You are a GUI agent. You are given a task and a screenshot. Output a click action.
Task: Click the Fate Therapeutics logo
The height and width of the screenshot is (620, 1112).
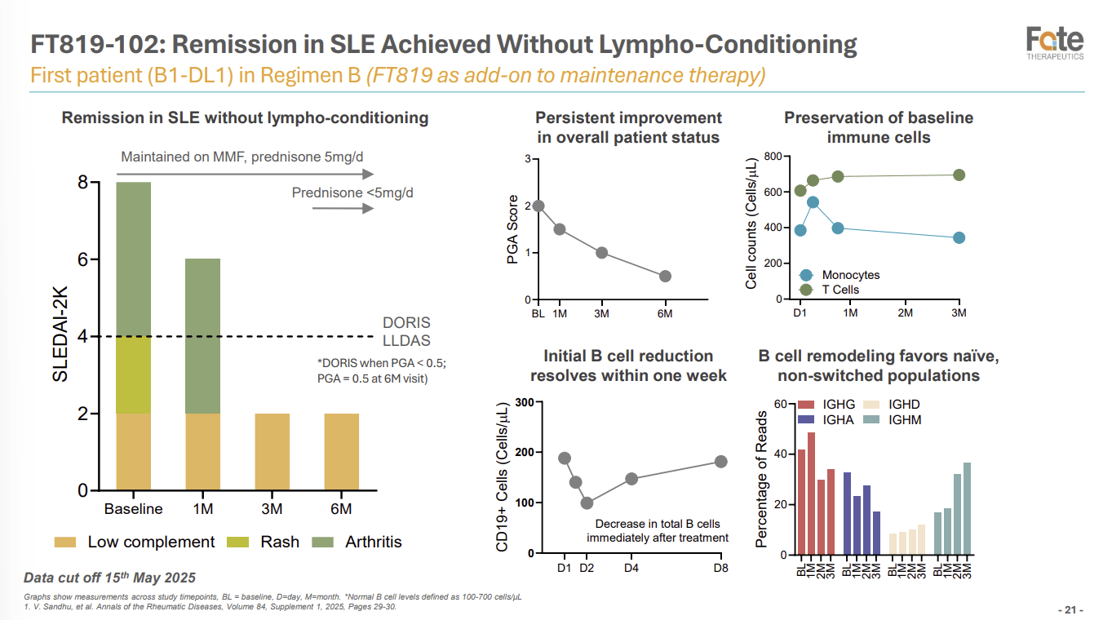point(1055,43)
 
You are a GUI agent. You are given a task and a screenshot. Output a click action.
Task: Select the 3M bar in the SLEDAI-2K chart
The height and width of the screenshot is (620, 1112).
point(272,452)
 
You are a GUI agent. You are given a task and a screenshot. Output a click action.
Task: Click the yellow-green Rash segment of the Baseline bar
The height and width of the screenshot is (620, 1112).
point(134,375)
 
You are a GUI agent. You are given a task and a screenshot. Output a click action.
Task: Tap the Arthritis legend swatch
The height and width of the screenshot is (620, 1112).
point(325,542)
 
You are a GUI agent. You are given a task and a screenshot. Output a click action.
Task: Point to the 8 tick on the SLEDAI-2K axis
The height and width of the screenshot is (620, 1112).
point(83,182)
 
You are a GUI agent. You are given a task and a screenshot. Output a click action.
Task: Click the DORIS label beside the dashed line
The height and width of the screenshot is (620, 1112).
point(406,322)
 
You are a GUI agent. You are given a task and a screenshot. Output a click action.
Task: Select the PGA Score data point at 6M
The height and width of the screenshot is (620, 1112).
point(665,277)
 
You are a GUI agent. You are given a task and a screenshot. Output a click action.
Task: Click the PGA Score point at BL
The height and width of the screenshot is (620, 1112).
point(538,206)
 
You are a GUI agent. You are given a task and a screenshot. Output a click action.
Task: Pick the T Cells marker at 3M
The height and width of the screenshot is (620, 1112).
point(959,175)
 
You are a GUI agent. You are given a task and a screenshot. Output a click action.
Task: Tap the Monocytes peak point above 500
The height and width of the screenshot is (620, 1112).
point(813,202)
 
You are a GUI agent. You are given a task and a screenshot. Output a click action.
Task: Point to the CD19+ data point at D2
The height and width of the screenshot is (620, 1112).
point(587,503)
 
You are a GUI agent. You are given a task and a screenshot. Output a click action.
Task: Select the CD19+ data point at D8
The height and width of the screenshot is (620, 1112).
point(721,462)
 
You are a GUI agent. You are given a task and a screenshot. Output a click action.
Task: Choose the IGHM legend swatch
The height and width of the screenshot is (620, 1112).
point(871,420)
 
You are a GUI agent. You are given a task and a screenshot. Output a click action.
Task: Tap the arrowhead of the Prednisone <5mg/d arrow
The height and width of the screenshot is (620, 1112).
point(367,209)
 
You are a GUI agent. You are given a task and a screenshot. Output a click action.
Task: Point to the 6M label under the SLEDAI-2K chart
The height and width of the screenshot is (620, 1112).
point(341,509)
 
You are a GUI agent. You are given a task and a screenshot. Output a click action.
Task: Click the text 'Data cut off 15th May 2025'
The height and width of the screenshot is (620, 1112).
point(109,578)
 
